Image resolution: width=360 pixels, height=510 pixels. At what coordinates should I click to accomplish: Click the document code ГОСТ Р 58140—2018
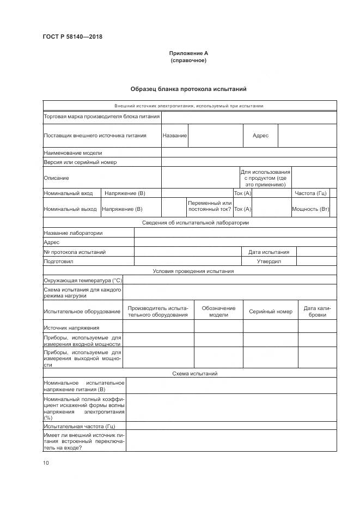(72, 37)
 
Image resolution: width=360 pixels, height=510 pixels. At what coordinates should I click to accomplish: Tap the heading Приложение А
(188, 53)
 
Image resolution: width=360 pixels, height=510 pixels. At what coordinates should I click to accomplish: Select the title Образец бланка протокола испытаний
(188, 89)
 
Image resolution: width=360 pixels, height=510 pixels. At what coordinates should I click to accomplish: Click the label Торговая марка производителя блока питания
(102, 116)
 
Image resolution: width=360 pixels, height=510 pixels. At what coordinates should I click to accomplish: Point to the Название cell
(175, 135)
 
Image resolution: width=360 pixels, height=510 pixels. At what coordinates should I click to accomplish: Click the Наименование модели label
(73, 153)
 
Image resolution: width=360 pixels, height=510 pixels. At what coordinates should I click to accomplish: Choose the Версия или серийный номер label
(80, 162)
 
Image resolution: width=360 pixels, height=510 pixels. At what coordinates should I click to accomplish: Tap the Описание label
(57, 178)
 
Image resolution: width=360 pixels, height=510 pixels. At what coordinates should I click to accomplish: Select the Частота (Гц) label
(310, 193)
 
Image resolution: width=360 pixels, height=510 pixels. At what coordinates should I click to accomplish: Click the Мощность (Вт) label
(310, 209)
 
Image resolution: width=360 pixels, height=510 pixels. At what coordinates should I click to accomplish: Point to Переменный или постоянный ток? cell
(209, 205)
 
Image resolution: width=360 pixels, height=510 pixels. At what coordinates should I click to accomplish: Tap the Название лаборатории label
(73, 233)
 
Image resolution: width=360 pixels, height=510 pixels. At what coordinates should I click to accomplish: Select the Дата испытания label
(269, 252)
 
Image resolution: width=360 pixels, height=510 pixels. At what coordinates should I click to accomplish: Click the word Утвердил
(269, 261)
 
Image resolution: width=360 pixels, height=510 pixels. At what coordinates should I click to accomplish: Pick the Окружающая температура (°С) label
(83, 280)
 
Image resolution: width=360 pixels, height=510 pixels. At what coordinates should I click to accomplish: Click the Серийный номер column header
(271, 312)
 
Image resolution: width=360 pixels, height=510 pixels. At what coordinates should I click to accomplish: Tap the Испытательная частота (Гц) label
(80, 426)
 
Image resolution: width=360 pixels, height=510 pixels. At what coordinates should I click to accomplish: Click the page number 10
(46, 463)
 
